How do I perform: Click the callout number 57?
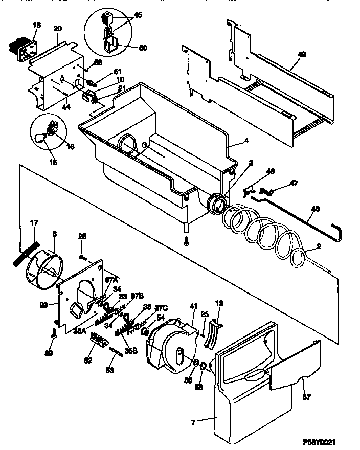[x=306, y=397]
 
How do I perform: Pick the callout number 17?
[x=34, y=222]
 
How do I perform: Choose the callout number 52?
[x=89, y=360]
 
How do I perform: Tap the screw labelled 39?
[x=54, y=334]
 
